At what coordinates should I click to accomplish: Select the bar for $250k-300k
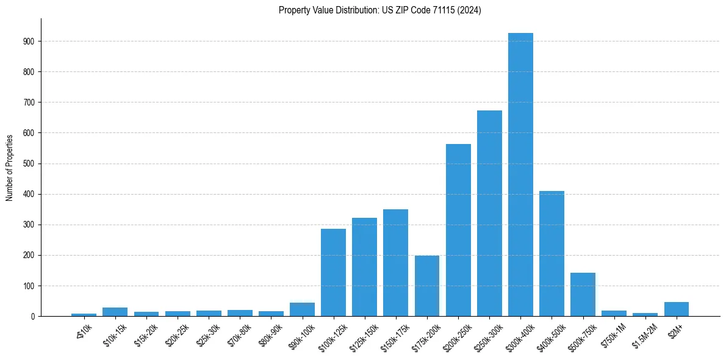pyautogui.click(x=489, y=214)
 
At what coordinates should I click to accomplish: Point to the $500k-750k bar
pyautogui.click(x=583, y=294)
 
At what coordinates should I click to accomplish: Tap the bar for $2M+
pyautogui.click(x=677, y=309)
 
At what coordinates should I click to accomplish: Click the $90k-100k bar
pyautogui.click(x=302, y=309)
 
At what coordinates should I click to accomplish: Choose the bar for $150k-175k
pyautogui.click(x=395, y=263)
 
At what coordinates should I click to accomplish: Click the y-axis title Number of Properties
pyautogui.click(x=9, y=167)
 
